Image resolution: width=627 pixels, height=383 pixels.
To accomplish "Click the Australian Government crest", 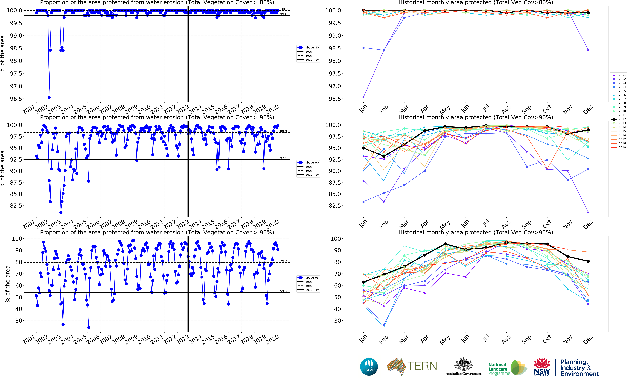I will tap(463, 364).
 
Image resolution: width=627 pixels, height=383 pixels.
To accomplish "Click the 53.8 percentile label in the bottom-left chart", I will tap(283, 291).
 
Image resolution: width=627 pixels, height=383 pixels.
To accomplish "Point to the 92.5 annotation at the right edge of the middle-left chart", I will tap(283, 158).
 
